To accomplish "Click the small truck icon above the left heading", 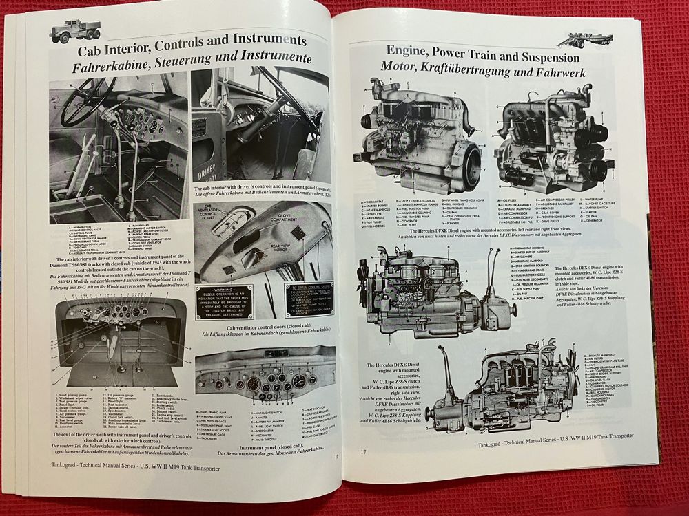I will click(x=75, y=31).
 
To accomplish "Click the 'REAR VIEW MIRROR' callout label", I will click(x=294, y=253).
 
